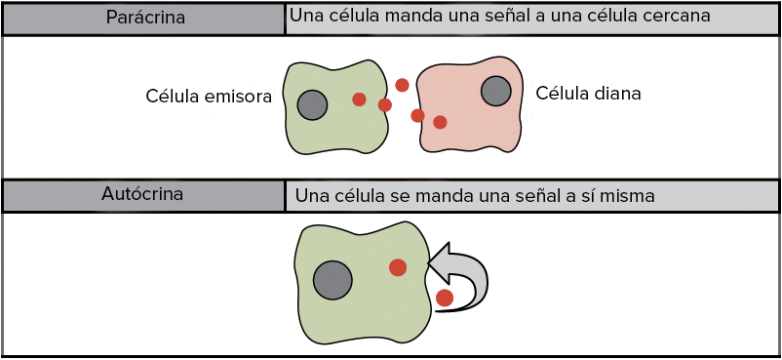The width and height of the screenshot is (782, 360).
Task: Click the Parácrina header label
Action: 145,18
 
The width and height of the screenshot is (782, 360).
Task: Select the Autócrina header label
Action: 142,194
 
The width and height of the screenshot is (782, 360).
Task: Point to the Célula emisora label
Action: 209,97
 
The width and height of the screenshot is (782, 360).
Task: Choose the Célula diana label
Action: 588,94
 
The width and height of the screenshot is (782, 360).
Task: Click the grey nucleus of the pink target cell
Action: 495,92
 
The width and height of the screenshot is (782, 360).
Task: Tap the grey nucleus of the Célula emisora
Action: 312,104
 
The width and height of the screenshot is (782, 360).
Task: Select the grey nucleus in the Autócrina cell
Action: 333,280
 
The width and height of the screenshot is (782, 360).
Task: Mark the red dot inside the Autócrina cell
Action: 398,268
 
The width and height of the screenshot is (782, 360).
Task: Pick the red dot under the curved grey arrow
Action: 445,299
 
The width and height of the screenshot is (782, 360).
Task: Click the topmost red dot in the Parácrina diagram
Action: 402,86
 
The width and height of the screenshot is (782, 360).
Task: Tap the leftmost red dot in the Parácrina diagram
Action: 359,100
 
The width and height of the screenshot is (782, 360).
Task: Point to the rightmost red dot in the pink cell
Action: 440,122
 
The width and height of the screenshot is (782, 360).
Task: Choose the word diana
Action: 617,94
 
